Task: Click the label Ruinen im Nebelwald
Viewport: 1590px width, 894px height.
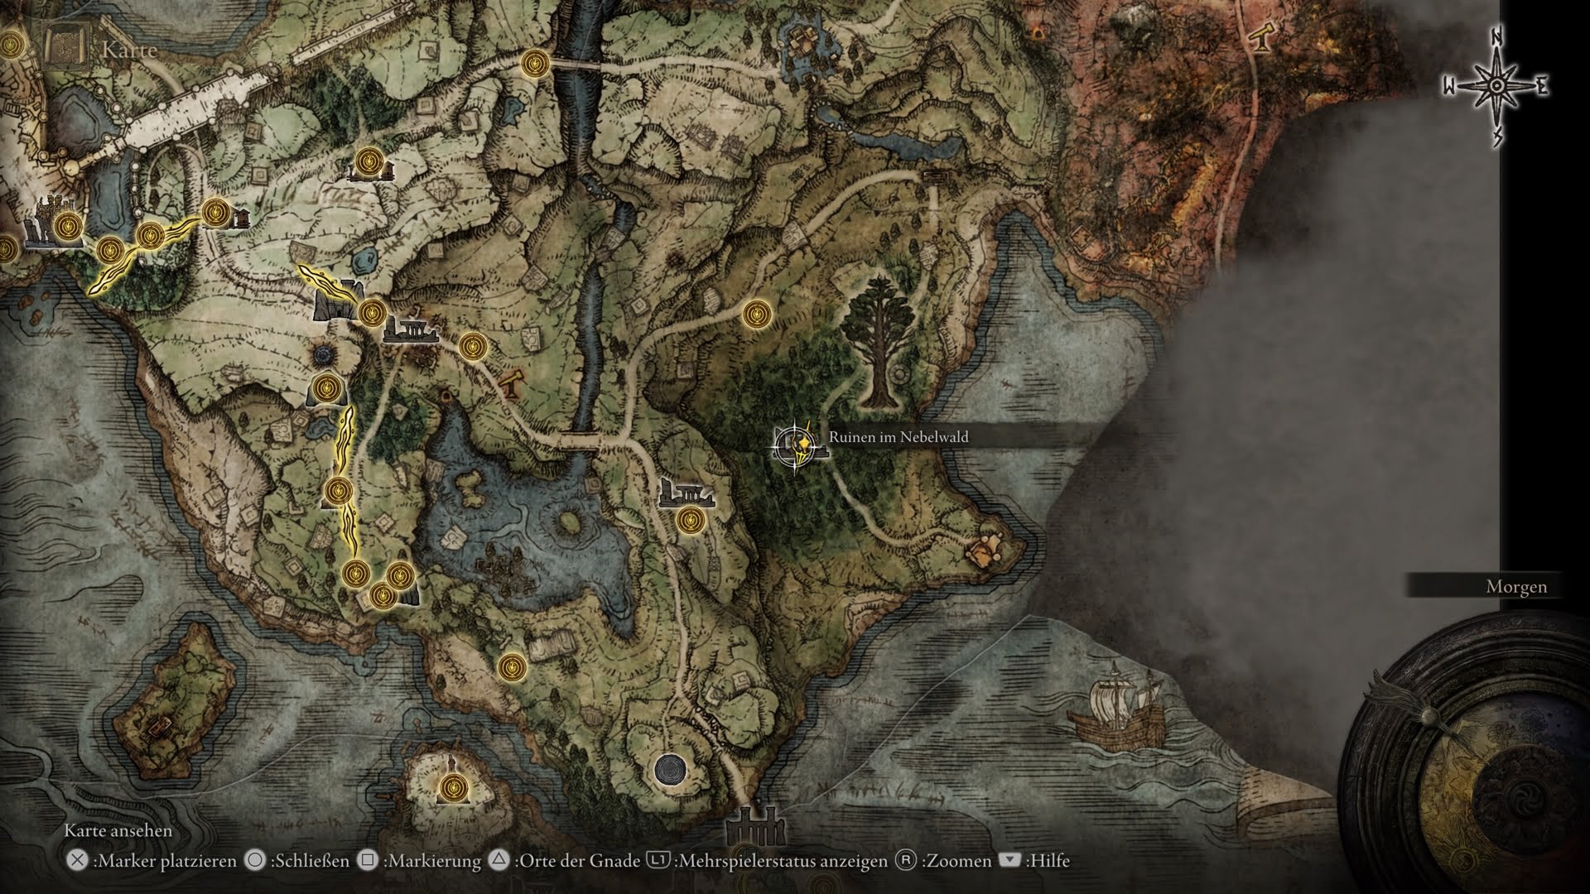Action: click(x=899, y=437)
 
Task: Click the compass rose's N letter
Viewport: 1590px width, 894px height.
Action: click(x=1497, y=60)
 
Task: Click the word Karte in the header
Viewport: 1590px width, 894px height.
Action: click(x=129, y=50)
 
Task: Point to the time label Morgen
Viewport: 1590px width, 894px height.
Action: click(x=1516, y=587)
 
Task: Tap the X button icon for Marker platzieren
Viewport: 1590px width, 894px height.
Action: click(x=77, y=861)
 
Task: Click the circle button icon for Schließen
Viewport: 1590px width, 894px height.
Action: click(x=255, y=861)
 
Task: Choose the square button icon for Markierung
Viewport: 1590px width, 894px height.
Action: click(x=368, y=861)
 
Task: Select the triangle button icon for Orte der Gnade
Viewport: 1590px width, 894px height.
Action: click(x=499, y=861)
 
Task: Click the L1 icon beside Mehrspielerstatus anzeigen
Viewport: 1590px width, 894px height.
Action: click(x=658, y=861)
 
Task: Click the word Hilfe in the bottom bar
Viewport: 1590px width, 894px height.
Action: click(x=1048, y=861)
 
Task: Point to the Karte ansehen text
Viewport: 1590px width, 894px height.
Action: click(x=118, y=831)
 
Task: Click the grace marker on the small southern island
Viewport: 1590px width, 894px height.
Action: click(x=453, y=786)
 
